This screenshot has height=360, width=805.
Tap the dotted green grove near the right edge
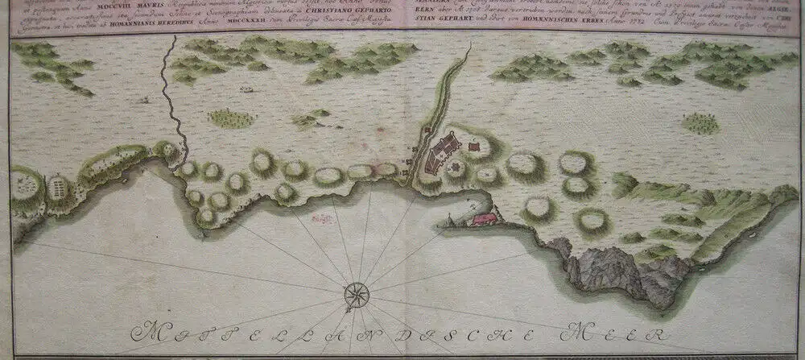(700, 123)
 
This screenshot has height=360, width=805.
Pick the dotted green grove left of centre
(231, 118)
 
